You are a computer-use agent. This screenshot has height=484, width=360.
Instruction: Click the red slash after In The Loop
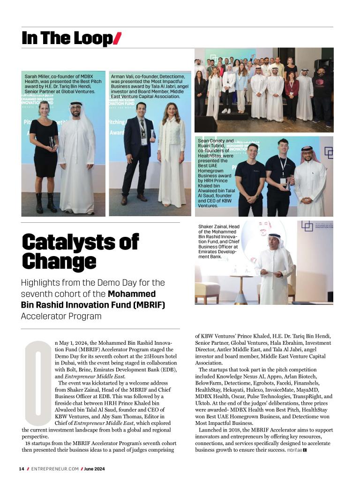(x=117, y=38)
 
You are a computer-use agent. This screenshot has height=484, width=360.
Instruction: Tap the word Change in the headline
(x=59, y=262)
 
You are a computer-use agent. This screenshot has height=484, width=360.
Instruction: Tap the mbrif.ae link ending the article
(x=294, y=450)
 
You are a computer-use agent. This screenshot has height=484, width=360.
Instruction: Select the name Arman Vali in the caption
(x=122, y=76)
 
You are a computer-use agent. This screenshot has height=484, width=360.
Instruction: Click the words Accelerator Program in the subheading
(x=61, y=316)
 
